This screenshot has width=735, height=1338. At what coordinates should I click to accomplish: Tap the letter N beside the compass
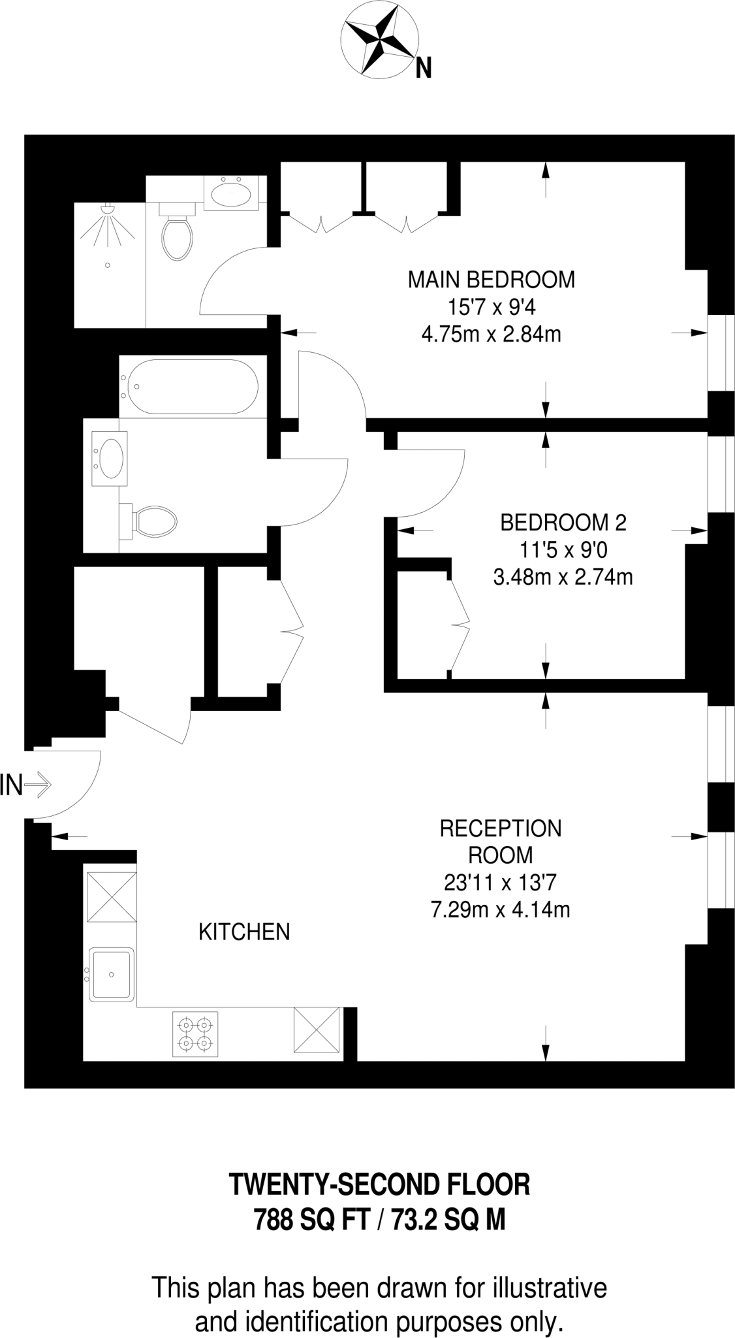(x=424, y=68)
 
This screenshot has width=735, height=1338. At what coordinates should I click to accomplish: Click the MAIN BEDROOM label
(x=491, y=280)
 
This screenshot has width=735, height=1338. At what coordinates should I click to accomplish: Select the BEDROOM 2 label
(x=563, y=523)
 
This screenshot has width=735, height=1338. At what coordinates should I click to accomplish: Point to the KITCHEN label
(x=244, y=932)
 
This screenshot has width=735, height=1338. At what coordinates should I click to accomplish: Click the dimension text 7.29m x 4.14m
(x=501, y=909)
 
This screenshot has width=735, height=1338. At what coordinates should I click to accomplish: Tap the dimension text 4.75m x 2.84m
(x=491, y=335)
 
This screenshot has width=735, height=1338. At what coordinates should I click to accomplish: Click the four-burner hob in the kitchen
(x=195, y=1034)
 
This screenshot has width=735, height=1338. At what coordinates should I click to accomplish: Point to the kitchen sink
(x=112, y=974)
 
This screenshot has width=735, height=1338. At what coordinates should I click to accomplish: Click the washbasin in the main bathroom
(x=109, y=457)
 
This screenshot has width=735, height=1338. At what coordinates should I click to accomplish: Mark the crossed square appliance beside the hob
(x=317, y=1030)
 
